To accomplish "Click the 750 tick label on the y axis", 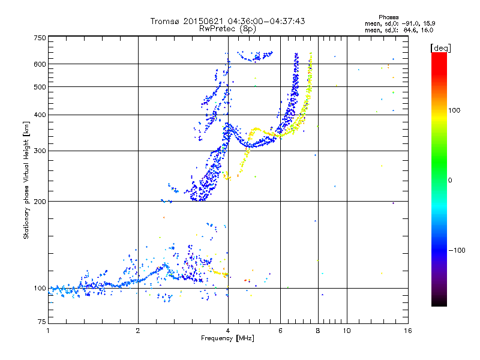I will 40,37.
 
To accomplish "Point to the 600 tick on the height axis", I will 40,64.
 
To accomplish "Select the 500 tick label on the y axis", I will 40,86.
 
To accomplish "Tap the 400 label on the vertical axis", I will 40,115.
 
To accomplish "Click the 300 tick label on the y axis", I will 40,151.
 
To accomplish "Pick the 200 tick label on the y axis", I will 40,201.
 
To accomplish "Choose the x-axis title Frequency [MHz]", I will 227,338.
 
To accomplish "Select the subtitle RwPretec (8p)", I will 227,28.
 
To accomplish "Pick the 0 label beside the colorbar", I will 450,180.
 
